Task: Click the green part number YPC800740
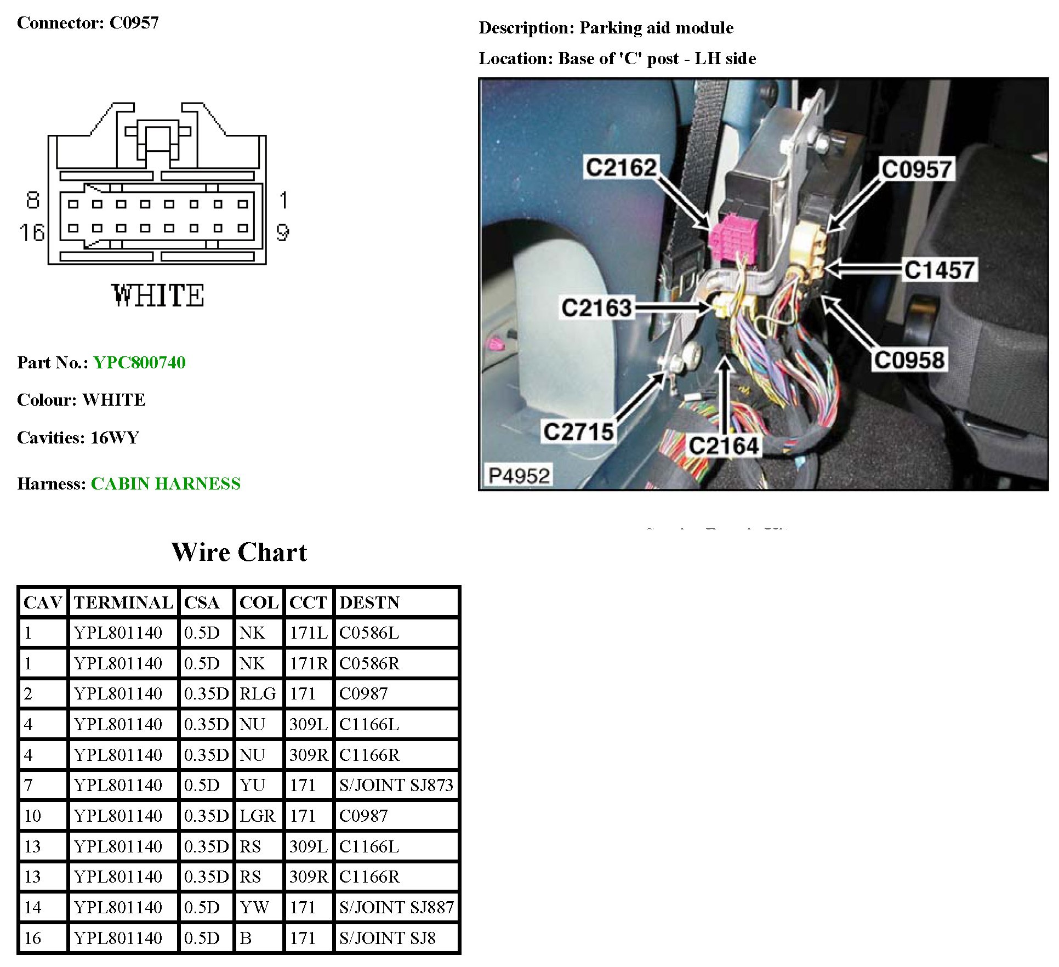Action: [x=139, y=362]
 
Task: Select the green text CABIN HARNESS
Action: [x=166, y=484]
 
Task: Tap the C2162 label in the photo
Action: [x=620, y=167]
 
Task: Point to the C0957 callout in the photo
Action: [x=916, y=169]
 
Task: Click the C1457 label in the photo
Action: [x=939, y=270]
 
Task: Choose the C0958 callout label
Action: [x=909, y=360]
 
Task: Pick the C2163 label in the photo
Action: [x=596, y=308]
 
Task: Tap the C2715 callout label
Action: [x=578, y=431]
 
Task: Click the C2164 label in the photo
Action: [x=723, y=446]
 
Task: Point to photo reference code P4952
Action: [x=519, y=475]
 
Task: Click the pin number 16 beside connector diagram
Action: [x=32, y=232]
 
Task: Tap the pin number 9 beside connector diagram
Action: [x=282, y=232]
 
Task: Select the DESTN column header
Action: [x=369, y=602]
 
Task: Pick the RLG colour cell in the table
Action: [x=258, y=693]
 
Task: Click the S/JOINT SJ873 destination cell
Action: [x=396, y=785]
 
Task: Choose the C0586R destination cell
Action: [x=369, y=663]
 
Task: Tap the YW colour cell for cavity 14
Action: [x=254, y=907]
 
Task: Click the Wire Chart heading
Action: [x=239, y=552]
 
